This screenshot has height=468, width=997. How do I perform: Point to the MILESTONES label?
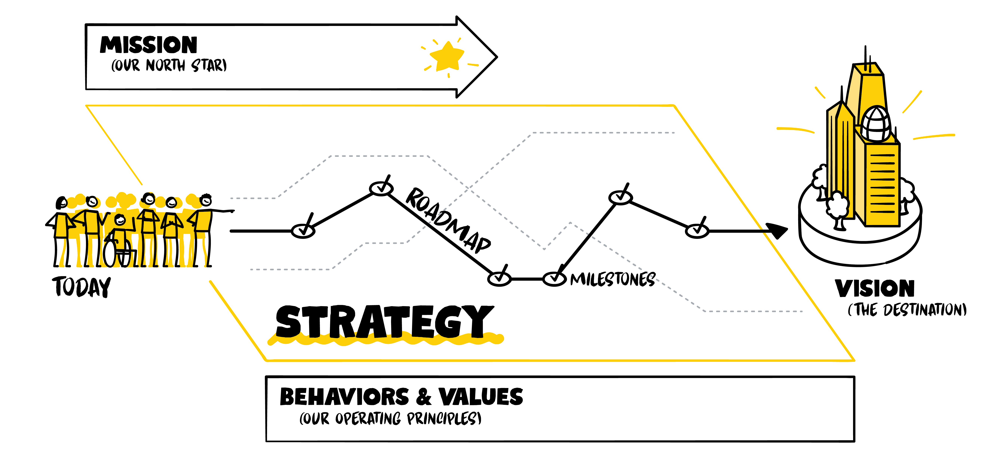(x=613, y=279)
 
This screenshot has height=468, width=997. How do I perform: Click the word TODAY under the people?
(x=82, y=287)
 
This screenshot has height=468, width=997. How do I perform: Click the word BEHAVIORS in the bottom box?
(x=344, y=397)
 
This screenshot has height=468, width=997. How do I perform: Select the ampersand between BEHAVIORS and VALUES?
(x=424, y=397)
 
